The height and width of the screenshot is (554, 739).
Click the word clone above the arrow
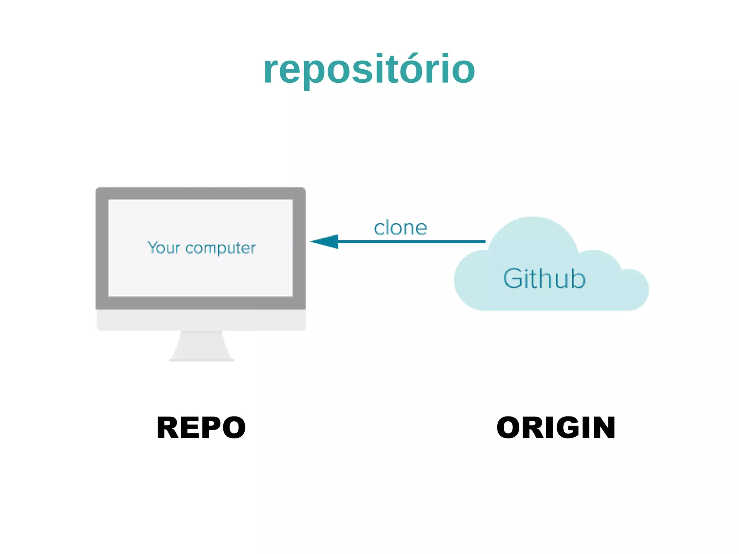[401, 228]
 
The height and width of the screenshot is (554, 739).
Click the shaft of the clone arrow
[411, 241]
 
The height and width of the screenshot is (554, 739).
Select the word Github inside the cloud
[544, 279]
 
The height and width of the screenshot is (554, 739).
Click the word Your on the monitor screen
[163, 248]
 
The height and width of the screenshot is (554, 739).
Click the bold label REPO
[201, 428]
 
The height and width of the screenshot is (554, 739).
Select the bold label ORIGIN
[556, 428]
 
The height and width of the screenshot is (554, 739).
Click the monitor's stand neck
[201, 345]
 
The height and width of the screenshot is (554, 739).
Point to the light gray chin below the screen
[201, 320]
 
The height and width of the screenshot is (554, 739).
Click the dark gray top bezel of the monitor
[201, 193]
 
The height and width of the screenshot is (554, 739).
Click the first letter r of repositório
[271, 70]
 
